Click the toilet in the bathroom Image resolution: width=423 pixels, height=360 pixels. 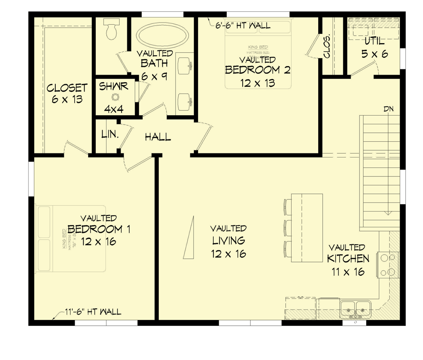(110, 29)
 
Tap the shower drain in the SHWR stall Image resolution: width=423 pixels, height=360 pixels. (115, 97)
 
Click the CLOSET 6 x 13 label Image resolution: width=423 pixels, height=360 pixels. (67, 93)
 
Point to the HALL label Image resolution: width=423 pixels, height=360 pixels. (157, 137)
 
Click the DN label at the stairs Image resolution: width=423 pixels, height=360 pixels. (389, 109)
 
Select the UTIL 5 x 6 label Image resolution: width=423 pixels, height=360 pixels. (374, 47)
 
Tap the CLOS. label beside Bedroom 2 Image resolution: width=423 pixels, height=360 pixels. (327, 47)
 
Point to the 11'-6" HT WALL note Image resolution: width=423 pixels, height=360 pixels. (92, 311)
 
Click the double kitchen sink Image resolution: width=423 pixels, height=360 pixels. (355, 309)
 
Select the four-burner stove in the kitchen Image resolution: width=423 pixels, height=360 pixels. (388, 265)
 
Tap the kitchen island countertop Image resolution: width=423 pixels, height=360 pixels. (307, 228)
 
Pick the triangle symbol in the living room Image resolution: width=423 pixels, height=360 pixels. (189, 238)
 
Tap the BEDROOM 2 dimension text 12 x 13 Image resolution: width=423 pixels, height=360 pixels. (257, 83)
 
